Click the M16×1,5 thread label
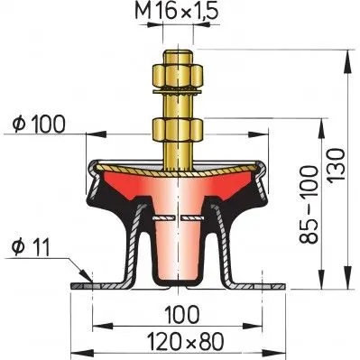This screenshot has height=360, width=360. pyautogui.click(x=176, y=12)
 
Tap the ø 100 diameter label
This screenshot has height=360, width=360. pyautogui.click(x=39, y=124)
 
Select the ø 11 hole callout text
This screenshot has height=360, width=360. pyautogui.click(x=31, y=247)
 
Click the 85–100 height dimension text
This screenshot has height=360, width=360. pyautogui.click(x=309, y=204)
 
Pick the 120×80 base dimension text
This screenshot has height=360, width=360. pyautogui.click(x=186, y=341)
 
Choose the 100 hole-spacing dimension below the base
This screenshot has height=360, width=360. pyautogui.click(x=182, y=314)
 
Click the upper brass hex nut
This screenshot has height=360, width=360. pyautogui.click(x=178, y=76)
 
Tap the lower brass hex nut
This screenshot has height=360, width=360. pyautogui.click(x=178, y=130)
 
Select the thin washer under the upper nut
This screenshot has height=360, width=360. pyautogui.click(x=178, y=91)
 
